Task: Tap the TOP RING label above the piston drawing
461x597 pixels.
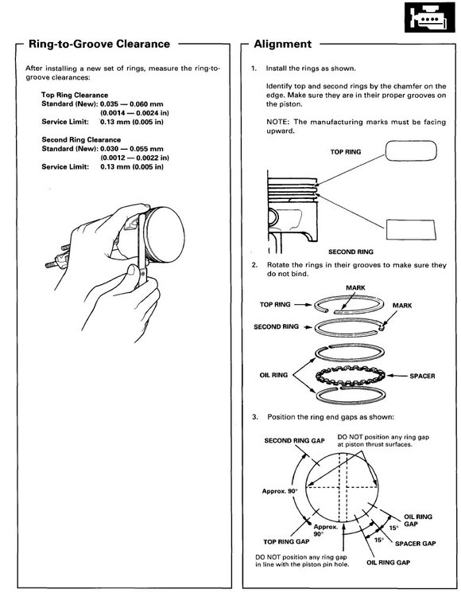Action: [347, 151]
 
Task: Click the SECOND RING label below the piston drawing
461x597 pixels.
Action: [350, 250]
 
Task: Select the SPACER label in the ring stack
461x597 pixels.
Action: [422, 374]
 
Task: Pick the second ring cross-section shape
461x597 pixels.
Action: [411, 228]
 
